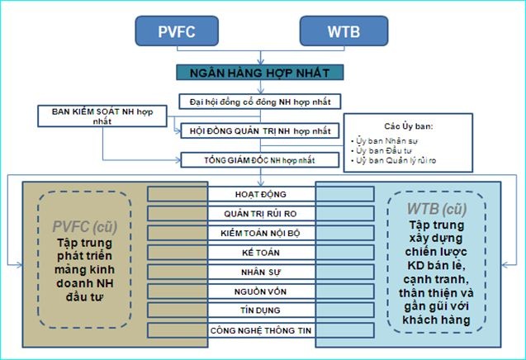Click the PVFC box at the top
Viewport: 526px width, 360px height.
click(178, 31)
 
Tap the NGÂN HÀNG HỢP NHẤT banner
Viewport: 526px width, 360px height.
click(260, 73)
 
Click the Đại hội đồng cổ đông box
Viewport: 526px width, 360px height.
click(260, 101)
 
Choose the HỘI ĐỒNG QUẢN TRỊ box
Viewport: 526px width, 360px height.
click(260, 130)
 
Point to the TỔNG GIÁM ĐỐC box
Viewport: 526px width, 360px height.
click(260, 159)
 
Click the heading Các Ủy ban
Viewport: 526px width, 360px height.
click(405, 126)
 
